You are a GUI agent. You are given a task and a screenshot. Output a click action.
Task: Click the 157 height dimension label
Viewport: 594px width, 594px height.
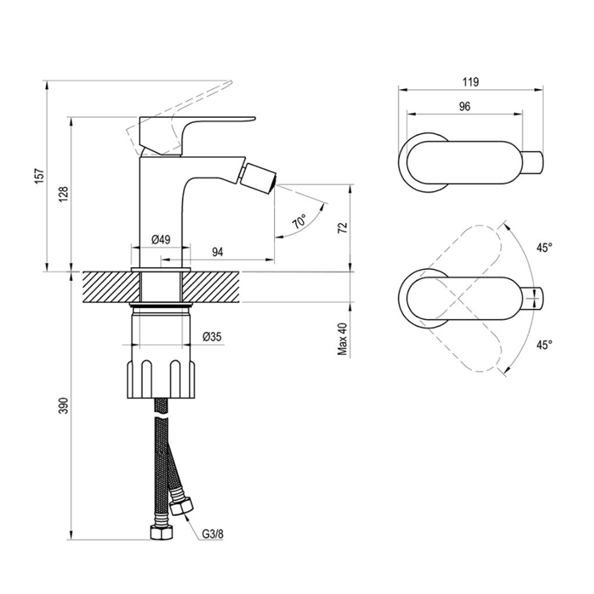pyautogui.click(x=40, y=177)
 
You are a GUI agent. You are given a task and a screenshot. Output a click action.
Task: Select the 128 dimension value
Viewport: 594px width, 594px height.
pyautogui.click(x=64, y=194)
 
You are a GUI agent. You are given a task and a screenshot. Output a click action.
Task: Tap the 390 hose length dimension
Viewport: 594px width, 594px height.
pyautogui.click(x=64, y=406)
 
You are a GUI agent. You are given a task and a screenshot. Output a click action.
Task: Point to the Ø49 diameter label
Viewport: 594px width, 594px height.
pyautogui.click(x=161, y=239)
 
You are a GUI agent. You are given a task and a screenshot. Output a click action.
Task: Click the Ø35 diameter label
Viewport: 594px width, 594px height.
pyautogui.click(x=212, y=336)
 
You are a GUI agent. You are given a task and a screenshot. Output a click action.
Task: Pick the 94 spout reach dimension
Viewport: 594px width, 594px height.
pyautogui.click(x=217, y=252)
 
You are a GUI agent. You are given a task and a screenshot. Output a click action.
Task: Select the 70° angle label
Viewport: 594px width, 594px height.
pyautogui.click(x=300, y=221)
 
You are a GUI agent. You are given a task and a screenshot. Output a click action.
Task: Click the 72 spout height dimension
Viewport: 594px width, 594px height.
pyautogui.click(x=343, y=227)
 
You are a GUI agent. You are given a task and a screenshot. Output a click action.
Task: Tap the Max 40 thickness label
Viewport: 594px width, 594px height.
pyautogui.click(x=343, y=339)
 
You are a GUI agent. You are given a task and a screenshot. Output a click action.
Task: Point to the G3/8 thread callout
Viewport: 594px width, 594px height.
pyautogui.click(x=212, y=534)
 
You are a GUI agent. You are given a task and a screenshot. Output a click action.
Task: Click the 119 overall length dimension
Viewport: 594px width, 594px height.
pyautogui.click(x=470, y=81)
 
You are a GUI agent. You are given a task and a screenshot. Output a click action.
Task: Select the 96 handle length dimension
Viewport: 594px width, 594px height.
pyautogui.click(x=464, y=106)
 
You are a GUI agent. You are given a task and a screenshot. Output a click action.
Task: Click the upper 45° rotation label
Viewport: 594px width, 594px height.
pyautogui.click(x=545, y=248)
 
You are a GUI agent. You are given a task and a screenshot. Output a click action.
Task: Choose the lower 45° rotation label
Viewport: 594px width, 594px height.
pyautogui.click(x=545, y=345)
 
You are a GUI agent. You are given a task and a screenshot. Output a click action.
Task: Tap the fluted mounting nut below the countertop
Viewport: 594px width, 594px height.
pyautogui.click(x=161, y=379)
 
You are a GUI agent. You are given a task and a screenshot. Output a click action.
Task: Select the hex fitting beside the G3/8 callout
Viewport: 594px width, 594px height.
pyautogui.click(x=181, y=506)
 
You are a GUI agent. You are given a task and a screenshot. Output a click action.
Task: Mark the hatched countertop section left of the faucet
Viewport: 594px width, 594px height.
pyautogui.click(x=111, y=287)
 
